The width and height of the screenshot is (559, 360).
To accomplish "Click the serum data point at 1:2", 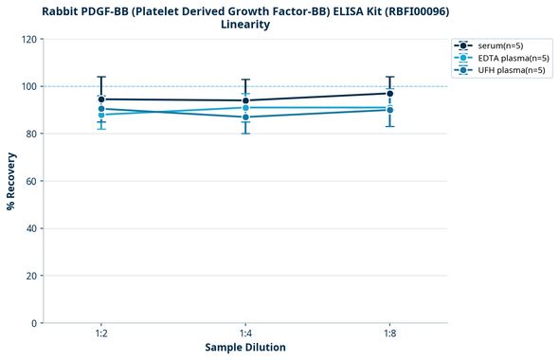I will [101, 99].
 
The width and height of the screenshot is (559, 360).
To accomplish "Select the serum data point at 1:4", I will [245, 100].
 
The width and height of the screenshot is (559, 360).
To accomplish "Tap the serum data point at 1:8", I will [390, 93].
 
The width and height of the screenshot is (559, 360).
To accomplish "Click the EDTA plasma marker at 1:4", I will [245, 108].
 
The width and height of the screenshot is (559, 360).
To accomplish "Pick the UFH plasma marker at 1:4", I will [245, 117].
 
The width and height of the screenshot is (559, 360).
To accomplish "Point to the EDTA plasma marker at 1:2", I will [101, 115].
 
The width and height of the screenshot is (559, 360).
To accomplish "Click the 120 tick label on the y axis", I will [28, 39].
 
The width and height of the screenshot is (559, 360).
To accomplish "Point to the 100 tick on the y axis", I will [28, 86].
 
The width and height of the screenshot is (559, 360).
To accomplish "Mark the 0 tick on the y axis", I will [34, 323].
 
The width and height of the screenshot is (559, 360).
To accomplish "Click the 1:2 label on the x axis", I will [101, 333].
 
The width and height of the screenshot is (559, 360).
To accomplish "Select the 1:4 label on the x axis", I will [245, 333].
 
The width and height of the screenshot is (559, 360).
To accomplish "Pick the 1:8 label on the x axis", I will [390, 333].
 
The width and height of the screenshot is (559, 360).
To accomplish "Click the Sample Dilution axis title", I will [245, 348].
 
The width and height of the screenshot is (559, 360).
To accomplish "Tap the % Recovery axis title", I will [10, 181].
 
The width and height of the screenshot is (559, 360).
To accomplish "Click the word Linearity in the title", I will [245, 25].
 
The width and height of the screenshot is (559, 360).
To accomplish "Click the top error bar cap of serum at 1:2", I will [101, 77].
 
